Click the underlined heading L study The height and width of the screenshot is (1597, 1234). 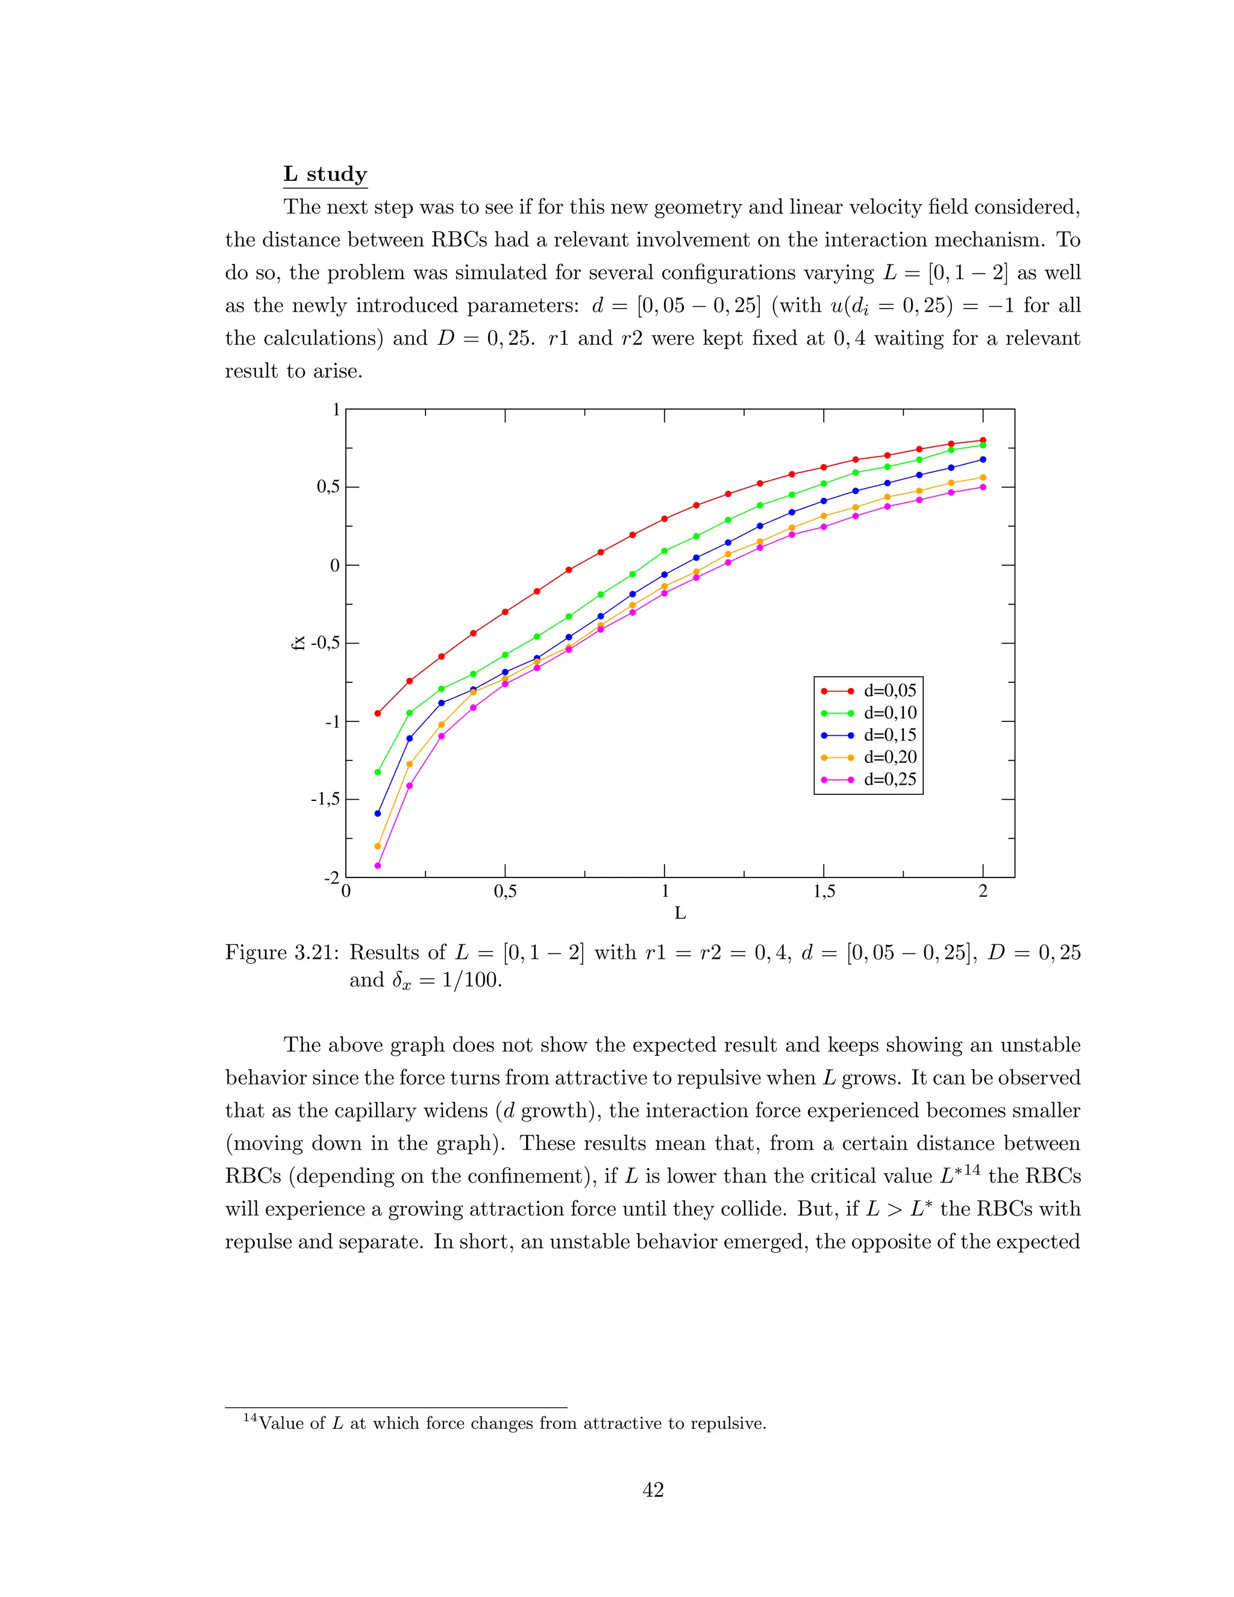(325, 174)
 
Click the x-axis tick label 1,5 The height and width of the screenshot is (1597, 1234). (824, 892)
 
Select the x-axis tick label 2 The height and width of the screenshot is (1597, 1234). (983, 891)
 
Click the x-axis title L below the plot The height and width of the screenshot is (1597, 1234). (680, 913)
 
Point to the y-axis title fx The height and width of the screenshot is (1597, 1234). (298, 644)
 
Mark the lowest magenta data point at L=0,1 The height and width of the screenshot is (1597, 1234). (378, 866)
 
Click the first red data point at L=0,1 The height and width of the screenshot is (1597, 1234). (378, 713)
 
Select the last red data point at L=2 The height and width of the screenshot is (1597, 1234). (983, 440)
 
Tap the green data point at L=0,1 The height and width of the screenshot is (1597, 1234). (378, 772)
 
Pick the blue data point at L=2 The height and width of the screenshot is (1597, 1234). (983, 459)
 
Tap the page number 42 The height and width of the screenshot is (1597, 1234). (653, 1490)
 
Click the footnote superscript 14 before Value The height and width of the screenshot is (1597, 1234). (249, 1418)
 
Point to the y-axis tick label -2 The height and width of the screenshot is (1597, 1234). (332, 877)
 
